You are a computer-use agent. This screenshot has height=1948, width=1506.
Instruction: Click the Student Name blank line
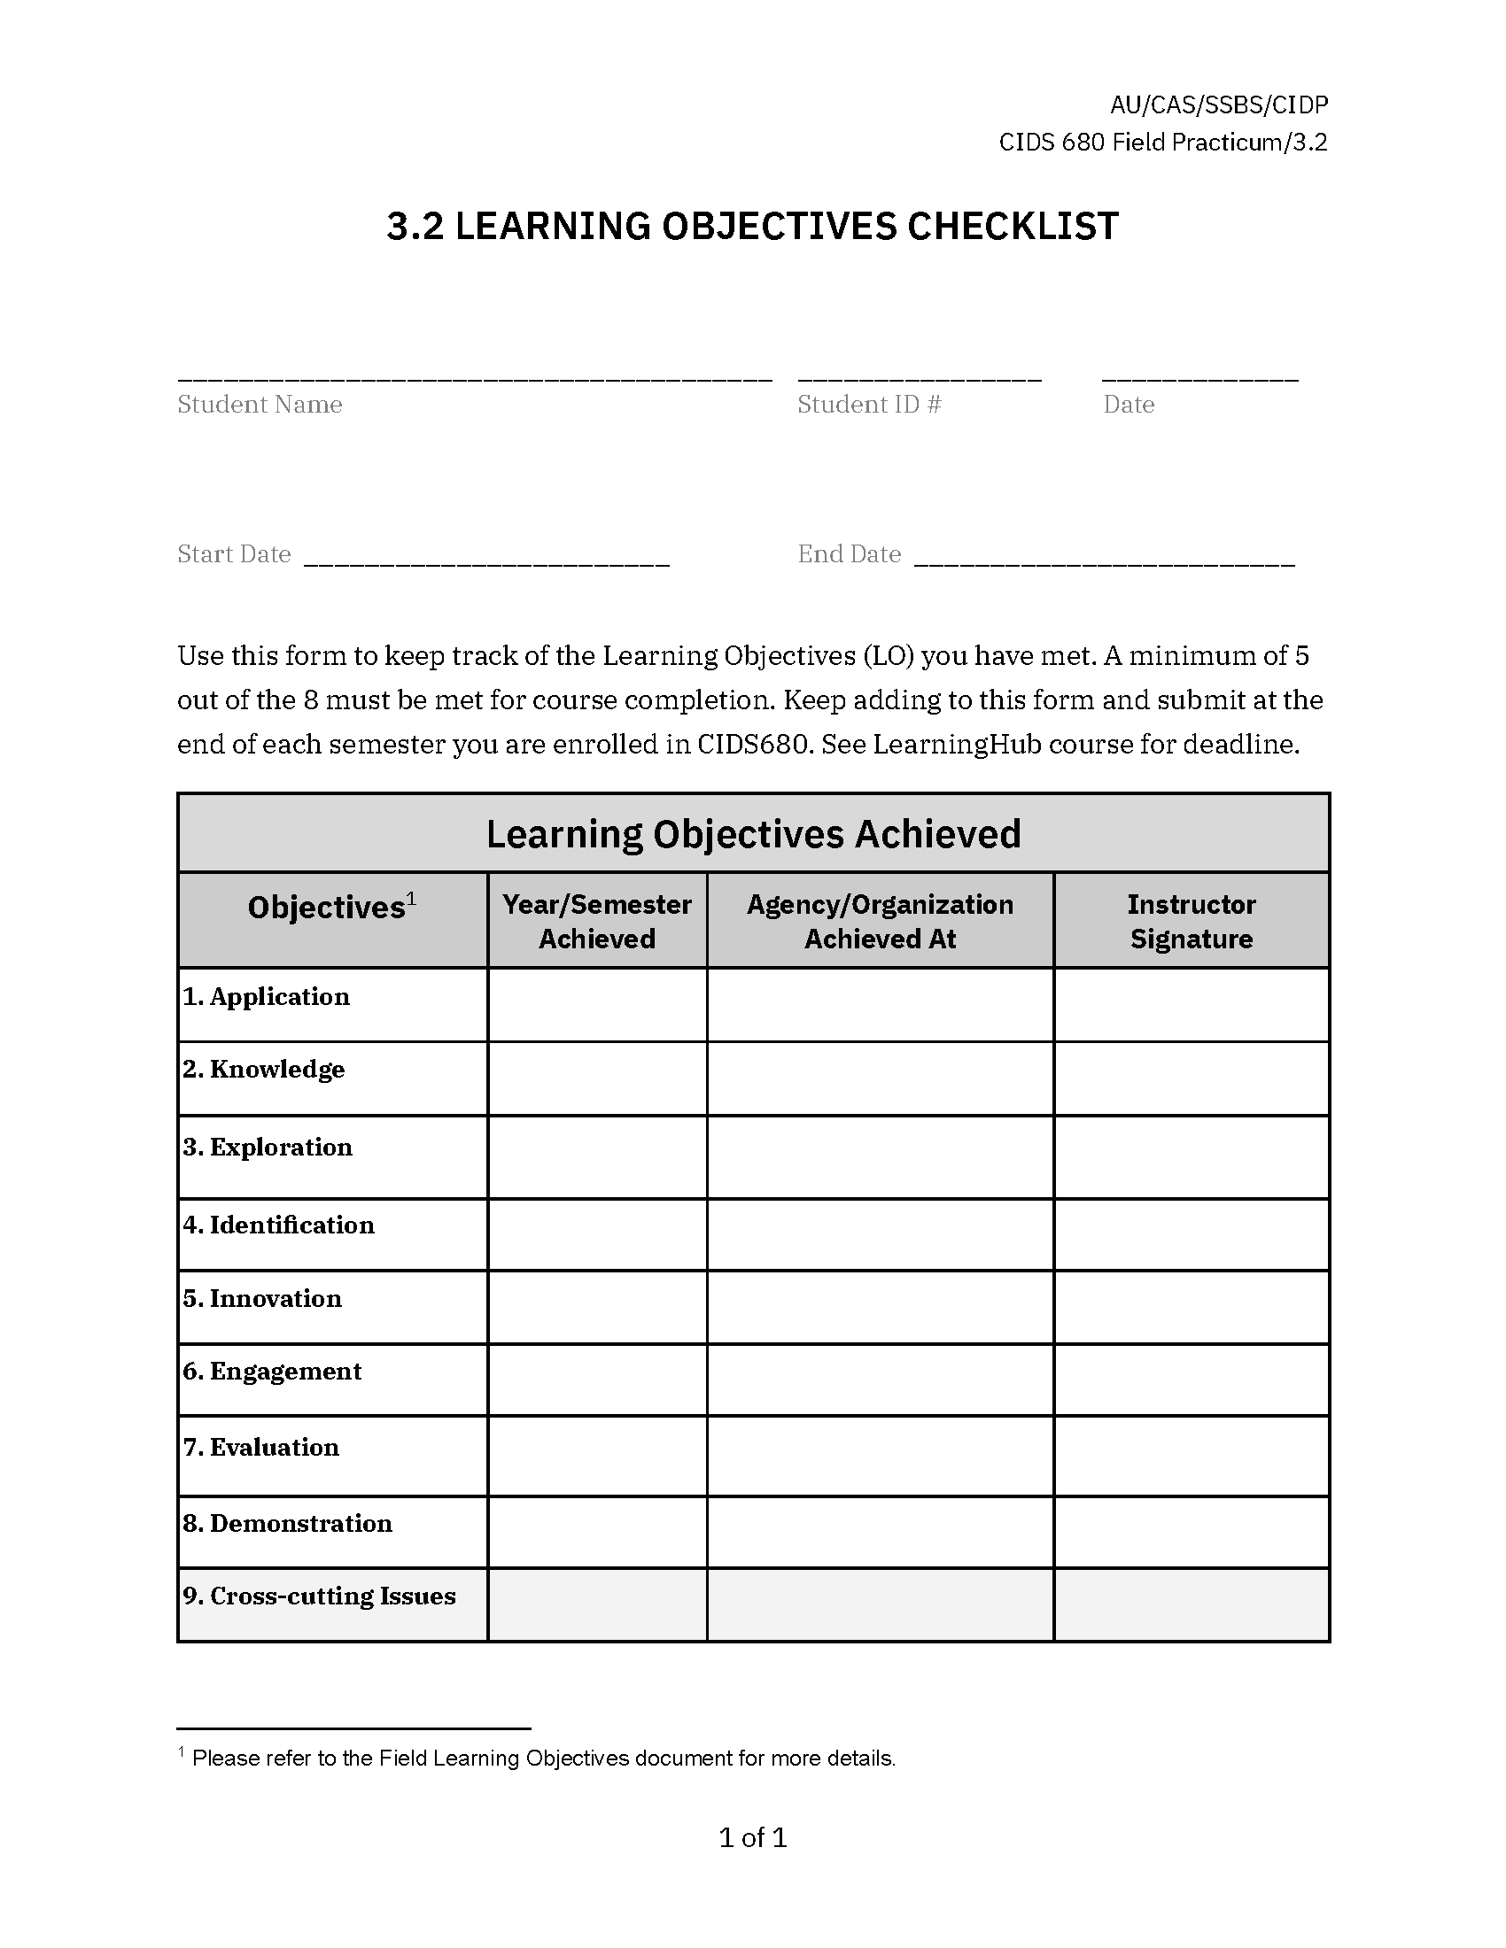(x=474, y=375)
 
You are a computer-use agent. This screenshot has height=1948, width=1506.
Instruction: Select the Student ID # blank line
(x=919, y=375)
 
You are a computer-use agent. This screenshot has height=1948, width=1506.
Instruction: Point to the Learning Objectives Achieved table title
(x=753, y=834)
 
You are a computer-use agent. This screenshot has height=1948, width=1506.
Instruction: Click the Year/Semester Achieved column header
(x=597, y=921)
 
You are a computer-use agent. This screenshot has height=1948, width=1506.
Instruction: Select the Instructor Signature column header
(x=1191, y=921)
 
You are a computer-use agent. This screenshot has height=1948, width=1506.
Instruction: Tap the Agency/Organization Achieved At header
(x=880, y=921)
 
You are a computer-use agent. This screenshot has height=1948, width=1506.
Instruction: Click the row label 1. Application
(x=266, y=996)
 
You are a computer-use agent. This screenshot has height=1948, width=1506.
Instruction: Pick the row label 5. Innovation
(x=262, y=1298)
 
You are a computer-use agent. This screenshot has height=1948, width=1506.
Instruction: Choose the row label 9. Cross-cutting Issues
(x=319, y=1595)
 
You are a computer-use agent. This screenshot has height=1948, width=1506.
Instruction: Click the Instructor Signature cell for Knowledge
(x=1191, y=1078)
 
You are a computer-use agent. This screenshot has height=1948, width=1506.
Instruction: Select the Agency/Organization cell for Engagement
(x=880, y=1379)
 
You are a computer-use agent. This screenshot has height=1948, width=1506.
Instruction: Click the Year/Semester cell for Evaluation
(x=597, y=1455)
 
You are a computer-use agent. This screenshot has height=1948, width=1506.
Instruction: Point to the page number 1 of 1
(x=753, y=1836)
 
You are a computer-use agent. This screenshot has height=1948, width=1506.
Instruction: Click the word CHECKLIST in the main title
(x=1012, y=227)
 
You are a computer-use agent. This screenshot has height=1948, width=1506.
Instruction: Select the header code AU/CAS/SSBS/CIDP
(x=1219, y=105)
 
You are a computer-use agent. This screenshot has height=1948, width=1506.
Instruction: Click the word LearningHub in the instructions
(x=957, y=744)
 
